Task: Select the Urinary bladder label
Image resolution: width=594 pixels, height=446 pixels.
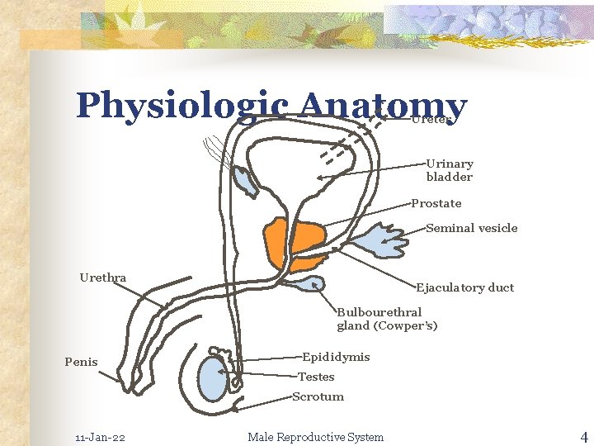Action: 450,170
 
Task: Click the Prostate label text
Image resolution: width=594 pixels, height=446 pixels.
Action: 436,203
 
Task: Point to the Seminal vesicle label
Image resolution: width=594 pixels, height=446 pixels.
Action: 472,228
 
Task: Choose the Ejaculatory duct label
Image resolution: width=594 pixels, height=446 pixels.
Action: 464,287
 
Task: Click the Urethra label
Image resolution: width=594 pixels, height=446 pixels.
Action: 103,278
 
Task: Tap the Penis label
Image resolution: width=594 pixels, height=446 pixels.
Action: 81,362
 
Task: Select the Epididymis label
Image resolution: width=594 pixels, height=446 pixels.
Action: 336,357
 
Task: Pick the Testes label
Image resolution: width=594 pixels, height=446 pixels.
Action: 316,377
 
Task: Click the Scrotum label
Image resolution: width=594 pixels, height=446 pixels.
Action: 318,396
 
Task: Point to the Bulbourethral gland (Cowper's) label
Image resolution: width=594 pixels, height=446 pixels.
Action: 386,319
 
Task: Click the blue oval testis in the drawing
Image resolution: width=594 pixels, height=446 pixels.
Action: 213,379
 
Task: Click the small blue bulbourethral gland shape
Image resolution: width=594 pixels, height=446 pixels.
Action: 308,284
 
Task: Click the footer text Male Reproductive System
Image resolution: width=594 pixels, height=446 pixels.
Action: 315,437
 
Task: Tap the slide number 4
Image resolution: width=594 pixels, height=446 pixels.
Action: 583,436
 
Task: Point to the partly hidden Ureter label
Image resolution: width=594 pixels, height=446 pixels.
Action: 433,119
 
